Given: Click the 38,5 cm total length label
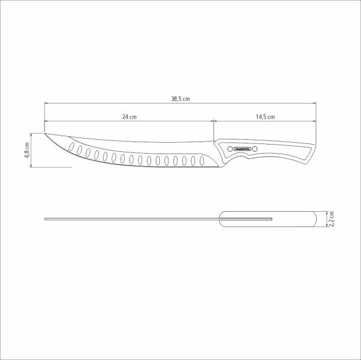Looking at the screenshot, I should click(180, 98).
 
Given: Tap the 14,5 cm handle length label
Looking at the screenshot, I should click(266, 117).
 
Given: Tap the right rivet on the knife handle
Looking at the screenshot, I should click(255, 148).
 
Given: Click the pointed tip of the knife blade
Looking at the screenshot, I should click(46, 133).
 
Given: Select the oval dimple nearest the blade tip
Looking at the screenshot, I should click(75, 147).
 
